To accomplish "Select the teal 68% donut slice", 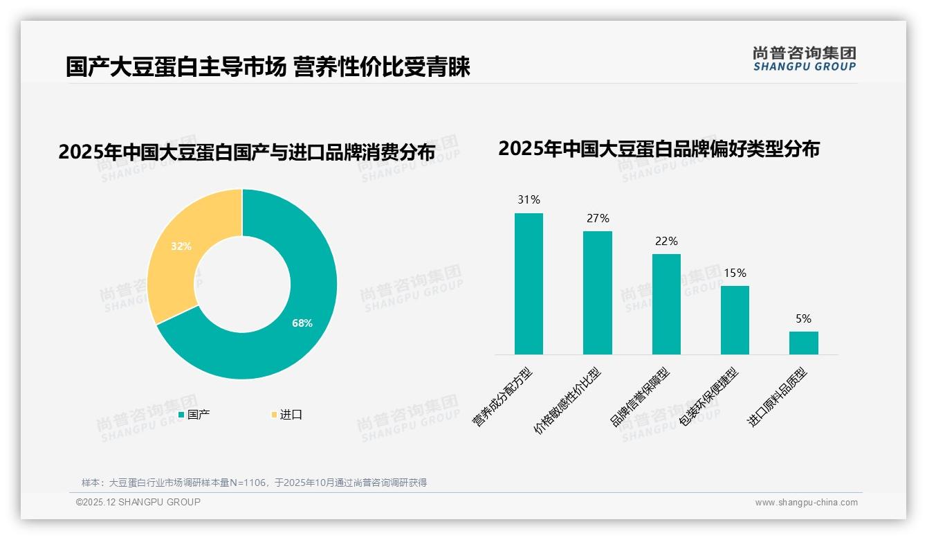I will [291, 332].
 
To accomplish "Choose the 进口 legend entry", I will [286, 415].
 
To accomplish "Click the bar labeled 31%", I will [529, 284].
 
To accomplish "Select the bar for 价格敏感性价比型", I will [598, 293].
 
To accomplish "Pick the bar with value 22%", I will [666, 305].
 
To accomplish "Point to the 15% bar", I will [735, 320].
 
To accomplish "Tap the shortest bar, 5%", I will [803, 343].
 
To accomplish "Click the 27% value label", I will [598, 219].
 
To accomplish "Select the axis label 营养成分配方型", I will [503, 396].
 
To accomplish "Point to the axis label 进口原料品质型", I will [778, 397].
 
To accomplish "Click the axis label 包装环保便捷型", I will [710, 397].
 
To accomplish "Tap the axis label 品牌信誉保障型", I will [641, 397].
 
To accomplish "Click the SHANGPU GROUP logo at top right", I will [804, 58].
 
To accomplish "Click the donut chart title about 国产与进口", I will [246, 152].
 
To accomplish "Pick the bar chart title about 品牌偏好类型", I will [659, 149].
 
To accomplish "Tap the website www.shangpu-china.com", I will [806, 503].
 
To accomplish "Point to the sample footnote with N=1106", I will [254, 483].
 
